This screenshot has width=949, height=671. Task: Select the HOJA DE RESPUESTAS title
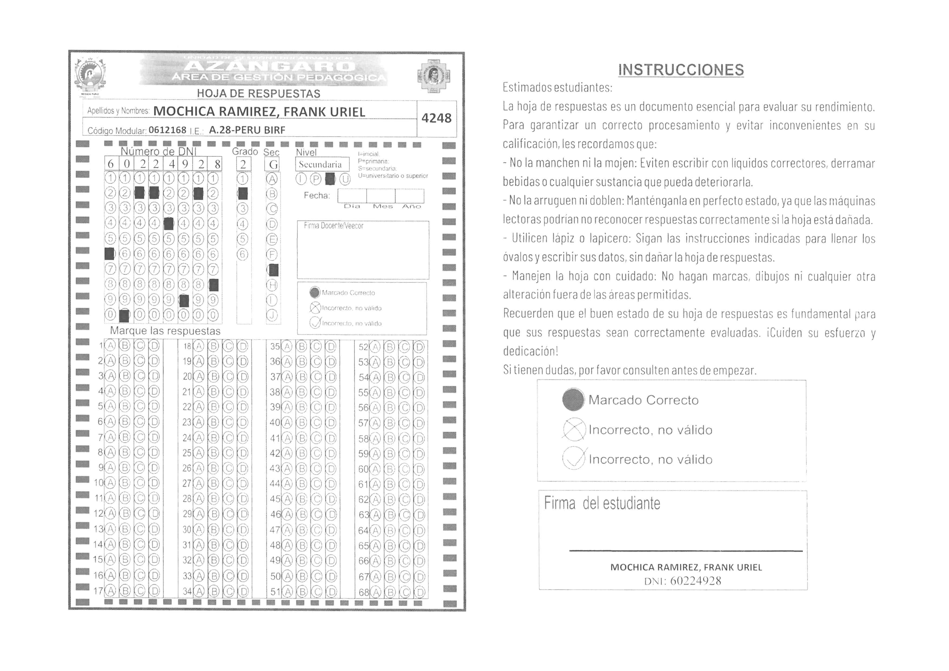click(258, 94)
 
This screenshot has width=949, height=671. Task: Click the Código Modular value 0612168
click(168, 130)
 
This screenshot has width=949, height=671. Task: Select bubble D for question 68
click(419, 592)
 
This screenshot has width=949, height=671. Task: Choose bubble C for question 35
click(316, 346)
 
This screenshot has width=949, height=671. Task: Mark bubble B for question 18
click(213, 346)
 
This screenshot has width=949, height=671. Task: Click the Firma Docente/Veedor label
click(334, 226)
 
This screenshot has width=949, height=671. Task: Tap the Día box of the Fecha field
click(352, 196)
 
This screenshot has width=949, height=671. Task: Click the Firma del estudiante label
click(602, 503)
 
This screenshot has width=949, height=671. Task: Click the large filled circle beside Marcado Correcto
click(573, 400)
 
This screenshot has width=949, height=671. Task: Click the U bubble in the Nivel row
click(345, 179)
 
